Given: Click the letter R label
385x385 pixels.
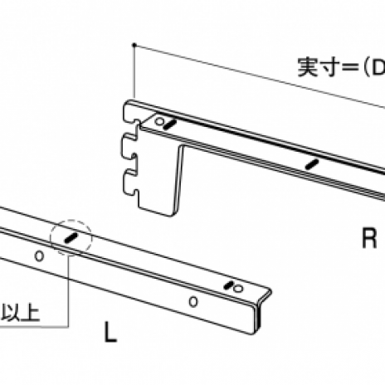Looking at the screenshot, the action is click(x=369, y=238).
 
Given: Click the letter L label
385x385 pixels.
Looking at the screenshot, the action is click(x=110, y=332).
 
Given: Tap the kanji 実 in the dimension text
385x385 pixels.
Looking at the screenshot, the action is click(x=308, y=66).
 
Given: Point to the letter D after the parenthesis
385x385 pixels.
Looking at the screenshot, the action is click(x=378, y=67).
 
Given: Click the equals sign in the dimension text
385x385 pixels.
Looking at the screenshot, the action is click(x=351, y=67).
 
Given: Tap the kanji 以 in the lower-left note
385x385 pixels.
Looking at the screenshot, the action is click(x=10, y=313).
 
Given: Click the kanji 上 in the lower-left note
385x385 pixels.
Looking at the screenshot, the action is click(x=30, y=313).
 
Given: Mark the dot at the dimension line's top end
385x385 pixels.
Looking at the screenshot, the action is click(x=134, y=45).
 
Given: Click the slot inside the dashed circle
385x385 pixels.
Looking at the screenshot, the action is click(x=71, y=237).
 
